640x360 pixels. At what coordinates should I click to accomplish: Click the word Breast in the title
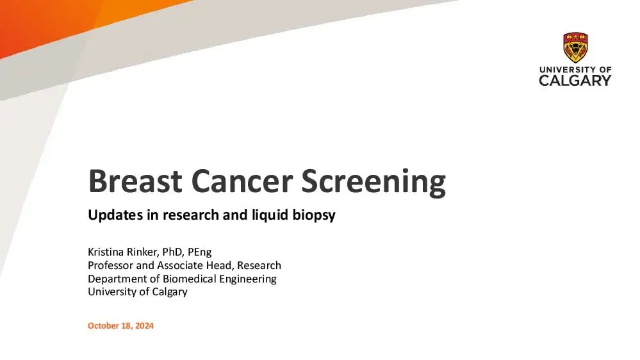click(135, 181)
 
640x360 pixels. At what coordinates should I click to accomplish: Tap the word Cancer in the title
click(242, 181)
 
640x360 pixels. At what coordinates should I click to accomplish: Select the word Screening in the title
click(373, 183)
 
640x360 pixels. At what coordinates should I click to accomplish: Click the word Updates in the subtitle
click(115, 215)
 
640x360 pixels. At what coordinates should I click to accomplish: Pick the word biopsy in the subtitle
click(314, 215)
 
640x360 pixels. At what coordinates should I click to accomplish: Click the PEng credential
click(200, 252)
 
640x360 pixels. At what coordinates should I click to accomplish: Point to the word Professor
click(111, 265)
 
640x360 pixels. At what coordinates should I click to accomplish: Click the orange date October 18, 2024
click(121, 325)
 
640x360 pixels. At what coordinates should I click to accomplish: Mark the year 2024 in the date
click(144, 325)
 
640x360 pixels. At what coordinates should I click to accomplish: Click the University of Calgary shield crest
click(575, 47)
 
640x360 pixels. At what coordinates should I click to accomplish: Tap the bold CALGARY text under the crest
click(575, 81)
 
